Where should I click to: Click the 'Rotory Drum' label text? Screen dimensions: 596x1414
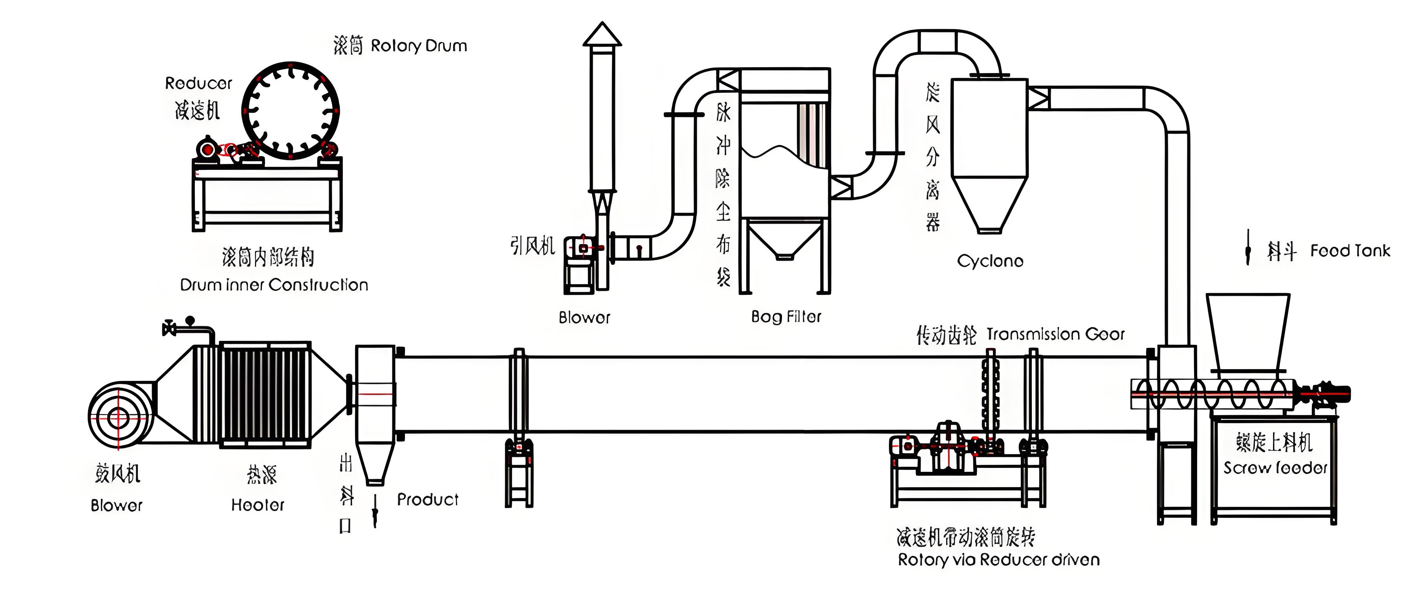[419, 46]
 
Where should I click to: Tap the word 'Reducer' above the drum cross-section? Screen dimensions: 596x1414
[199, 83]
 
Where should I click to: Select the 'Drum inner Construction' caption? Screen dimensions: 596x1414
[274, 285]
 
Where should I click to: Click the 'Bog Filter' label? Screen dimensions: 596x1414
[786, 317]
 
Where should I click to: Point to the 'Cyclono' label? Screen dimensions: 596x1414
[990, 261]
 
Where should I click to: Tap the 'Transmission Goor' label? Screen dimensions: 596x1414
[1055, 334]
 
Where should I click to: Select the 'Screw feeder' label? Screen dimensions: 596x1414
[1275, 468]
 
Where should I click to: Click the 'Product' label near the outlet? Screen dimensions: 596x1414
[428, 499]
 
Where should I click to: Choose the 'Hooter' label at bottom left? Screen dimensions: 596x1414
[257, 505]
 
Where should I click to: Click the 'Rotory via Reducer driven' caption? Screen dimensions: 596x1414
[998, 560]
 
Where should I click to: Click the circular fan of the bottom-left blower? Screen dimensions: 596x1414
[118, 418]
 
